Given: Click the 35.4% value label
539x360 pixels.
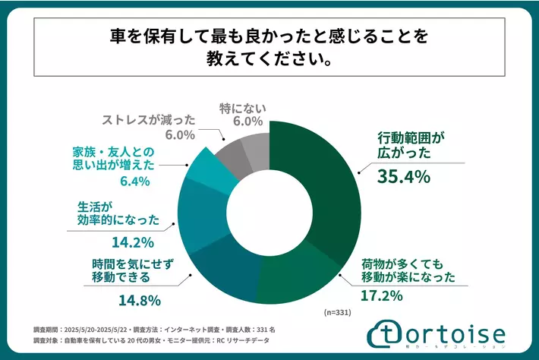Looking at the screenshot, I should [x=404, y=177].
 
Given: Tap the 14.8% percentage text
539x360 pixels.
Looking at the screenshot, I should [x=139, y=299].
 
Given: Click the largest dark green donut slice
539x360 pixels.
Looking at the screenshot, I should [x=326, y=190].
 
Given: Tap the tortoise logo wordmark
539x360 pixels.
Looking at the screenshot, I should [x=444, y=334].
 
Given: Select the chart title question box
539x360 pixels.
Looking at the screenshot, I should [x=269, y=46].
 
